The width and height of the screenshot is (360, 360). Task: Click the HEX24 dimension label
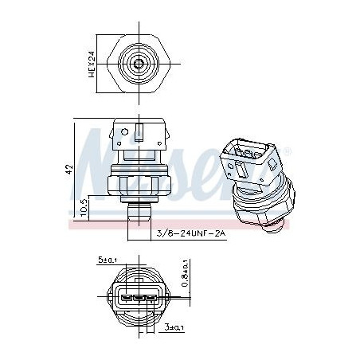point(92,64)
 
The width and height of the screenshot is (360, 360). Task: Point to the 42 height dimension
point(69,170)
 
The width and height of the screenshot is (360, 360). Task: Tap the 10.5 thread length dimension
point(84,208)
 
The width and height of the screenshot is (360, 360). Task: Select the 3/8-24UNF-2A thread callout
point(191,233)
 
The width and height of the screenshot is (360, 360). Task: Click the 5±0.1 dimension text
point(108,260)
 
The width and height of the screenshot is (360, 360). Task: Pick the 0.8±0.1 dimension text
point(185,273)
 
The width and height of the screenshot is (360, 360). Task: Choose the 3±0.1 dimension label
point(174,327)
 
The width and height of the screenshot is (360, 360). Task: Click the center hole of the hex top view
point(139,64)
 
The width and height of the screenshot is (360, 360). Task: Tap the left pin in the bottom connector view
point(126,299)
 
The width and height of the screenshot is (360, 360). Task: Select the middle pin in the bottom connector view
point(139,299)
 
